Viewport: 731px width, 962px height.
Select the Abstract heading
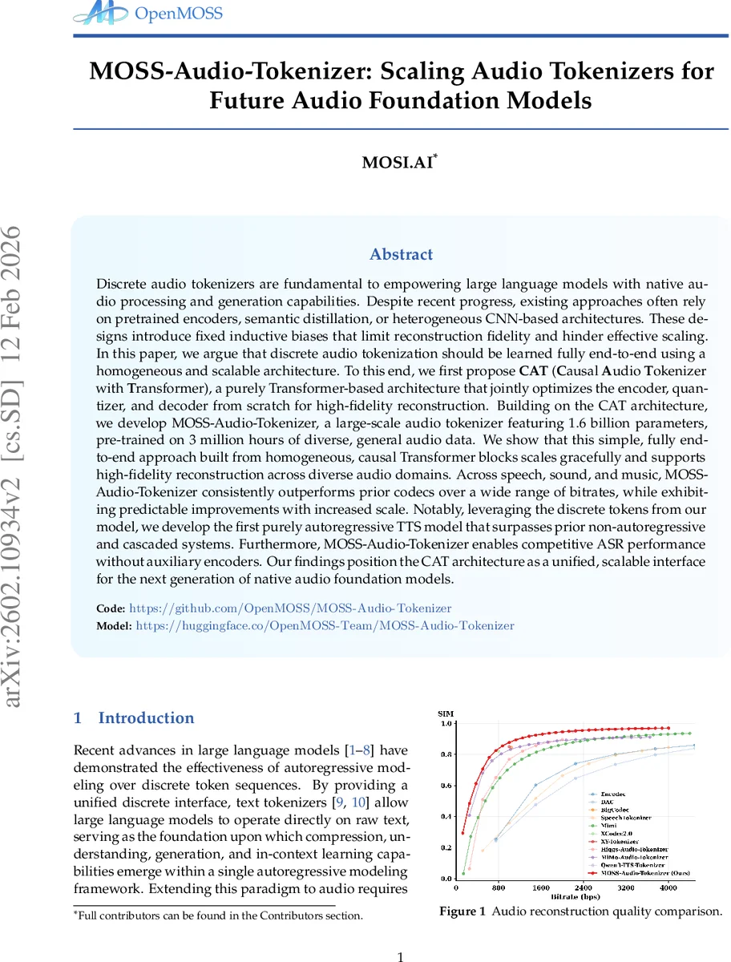coord(401,255)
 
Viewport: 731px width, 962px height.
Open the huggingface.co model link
coord(325,625)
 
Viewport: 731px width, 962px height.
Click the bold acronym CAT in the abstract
coord(530,372)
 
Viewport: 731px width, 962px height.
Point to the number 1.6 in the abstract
coord(588,422)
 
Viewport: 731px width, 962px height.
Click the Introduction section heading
coord(146,718)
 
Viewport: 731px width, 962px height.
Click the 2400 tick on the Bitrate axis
coord(584,887)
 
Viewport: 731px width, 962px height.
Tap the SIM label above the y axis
coord(445,713)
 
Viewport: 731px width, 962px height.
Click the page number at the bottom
coord(402,956)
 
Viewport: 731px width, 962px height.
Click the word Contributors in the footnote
coord(298,916)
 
